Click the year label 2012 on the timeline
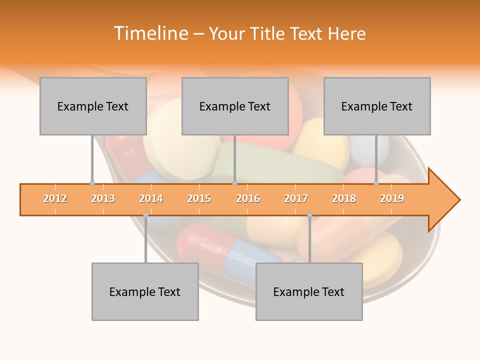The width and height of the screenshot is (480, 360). coord(55,199)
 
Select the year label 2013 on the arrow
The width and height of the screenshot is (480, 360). coord(103,199)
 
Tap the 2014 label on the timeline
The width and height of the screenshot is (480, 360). coord(151,199)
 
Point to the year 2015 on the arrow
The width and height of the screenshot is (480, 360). coord(199,199)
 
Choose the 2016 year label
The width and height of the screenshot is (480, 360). coord(248,199)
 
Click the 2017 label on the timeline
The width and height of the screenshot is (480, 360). coord(296,199)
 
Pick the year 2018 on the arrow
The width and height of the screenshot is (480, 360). coord(344,199)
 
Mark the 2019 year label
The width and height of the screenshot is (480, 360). coord(392,199)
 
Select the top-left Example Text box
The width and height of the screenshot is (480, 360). coord(93,106)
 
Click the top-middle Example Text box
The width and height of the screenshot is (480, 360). coord(235,106)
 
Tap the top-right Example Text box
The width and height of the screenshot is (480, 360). coord(377,106)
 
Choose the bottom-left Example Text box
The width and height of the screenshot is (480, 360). coord(145,292)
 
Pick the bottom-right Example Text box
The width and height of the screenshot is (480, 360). coord(309,292)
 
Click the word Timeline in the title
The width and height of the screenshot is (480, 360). coord(150,33)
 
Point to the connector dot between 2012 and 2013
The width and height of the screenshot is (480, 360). coord(92,183)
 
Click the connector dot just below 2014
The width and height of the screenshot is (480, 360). coord(145,215)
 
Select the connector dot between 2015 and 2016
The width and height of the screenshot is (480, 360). coord(234,183)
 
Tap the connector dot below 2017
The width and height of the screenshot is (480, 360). coord(309,215)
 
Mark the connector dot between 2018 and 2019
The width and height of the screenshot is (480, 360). coord(376,183)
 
